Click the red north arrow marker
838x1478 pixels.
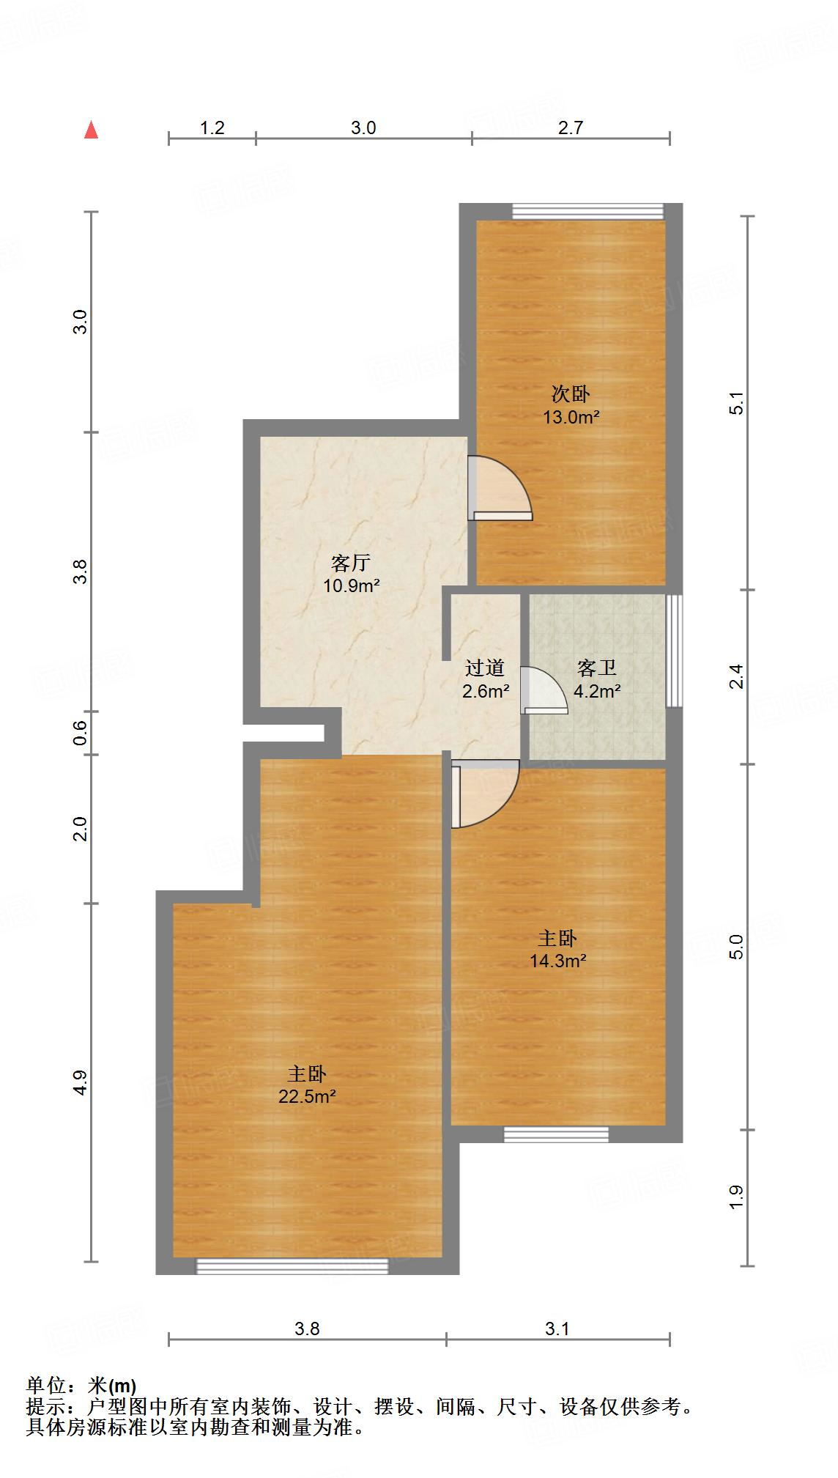pyautogui.click(x=91, y=130)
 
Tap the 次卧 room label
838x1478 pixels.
pyautogui.click(x=571, y=395)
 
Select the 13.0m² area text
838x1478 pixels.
pyautogui.click(x=571, y=418)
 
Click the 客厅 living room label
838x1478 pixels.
pyautogui.click(x=350, y=563)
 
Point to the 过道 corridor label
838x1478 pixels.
pyautogui.click(x=485, y=668)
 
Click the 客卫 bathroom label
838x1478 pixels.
pyautogui.click(x=596, y=668)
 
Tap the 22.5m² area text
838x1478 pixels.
pyautogui.click(x=307, y=1097)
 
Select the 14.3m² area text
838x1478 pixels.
pyautogui.click(x=557, y=961)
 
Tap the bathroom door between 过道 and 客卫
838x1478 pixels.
pyautogui.click(x=543, y=690)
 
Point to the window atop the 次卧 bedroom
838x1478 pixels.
pyautogui.click(x=587, y=211)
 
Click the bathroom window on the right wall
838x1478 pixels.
pyautogui.click(x=674, y=651)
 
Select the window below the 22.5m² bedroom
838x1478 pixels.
pyautogui.click(x=292, y=1266)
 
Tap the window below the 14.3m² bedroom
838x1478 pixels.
pyautogui.click(x=556, y=1134)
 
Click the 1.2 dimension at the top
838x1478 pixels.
pyautogui.click(x=212, y=128)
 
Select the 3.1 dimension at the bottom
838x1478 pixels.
pyautogui.click(x=557, y=1329)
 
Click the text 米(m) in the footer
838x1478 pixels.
pyautogui.click(x=112, y=1386)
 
